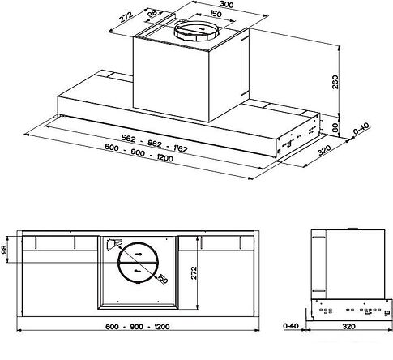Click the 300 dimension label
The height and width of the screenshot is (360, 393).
pos(226,5)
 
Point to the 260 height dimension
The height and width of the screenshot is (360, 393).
pos(335,82)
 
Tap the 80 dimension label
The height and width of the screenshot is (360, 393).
pos(335,127)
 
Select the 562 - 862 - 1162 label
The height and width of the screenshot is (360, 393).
pos(154,144)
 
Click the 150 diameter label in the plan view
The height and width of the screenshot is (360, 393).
pos(162,279)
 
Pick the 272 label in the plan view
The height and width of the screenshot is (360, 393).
pos(194,273)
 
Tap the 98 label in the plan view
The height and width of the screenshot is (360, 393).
pos(5,250)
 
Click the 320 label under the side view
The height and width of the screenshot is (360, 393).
pos(348,326)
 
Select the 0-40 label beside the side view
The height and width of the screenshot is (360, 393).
pos(291,326)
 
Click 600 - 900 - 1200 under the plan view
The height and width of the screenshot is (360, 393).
pos(137,327)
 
